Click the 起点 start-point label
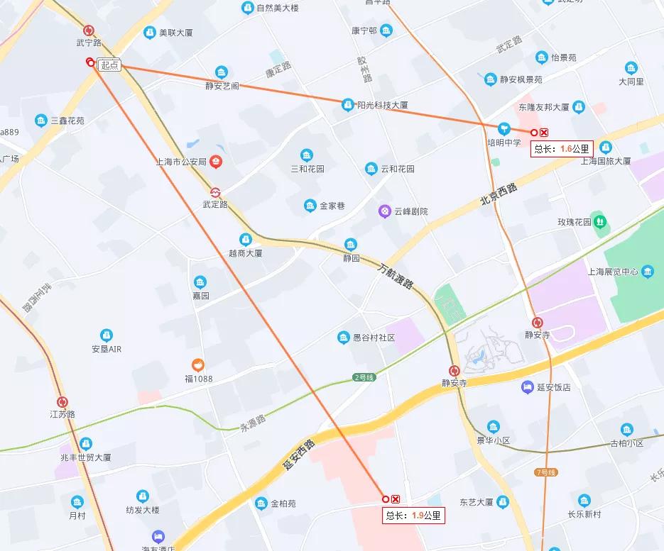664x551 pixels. pyautogui.click(x=109, y=65)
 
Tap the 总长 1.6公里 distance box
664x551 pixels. pyautogui.click(x=561, y=149)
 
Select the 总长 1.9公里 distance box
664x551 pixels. pyautogui.click(x=413, y=516)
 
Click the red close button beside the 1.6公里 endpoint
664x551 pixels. pyautogui.click(x=545, y=133)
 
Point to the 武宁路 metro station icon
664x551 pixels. pyautogui.click(x=89, y=30)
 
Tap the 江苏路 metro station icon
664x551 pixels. pyautogui.click(x=62, y=402)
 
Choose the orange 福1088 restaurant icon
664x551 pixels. pyautogui.click(x=199, y=365)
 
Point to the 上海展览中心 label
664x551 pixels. pyautogui.click(x=612, y=272)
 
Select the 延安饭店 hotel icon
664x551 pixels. pyautogui.click(x=527, y=386)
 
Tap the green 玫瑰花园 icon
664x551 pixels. pyautogui.click(x=600, y=221)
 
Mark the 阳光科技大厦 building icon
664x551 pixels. pyautogui.click(x=347, y=104)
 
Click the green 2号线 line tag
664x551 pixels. pyautogui.click(x=362, y=377)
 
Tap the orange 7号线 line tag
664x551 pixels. pyautogui.click(x=545, y=472)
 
